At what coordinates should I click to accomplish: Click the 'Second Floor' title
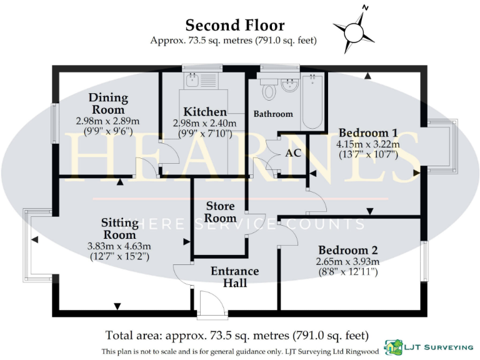pos(234,26)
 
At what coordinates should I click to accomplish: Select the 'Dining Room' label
pos(107,103)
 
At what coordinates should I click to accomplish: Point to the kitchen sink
pos(192,80)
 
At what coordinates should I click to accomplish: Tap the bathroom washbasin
pos(290,85)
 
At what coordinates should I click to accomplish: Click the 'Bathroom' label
pos(273,114)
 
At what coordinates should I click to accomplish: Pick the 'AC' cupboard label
pos(293,152)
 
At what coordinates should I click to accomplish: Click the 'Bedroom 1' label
pos(368,132)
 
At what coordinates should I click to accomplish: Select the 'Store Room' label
pos(221,212)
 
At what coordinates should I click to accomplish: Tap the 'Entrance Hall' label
pos(234,277)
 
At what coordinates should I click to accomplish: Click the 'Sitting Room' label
pos(119,228)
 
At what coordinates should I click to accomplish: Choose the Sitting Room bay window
pos(29,240)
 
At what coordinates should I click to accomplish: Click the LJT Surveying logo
pos(427,347)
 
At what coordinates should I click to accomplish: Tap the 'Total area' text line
pos(237,335)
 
